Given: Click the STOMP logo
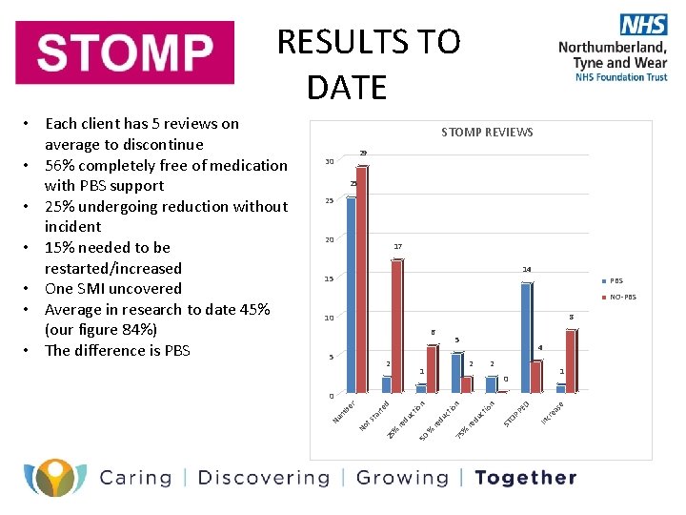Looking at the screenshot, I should point(125,52).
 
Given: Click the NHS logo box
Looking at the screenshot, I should point(643,25).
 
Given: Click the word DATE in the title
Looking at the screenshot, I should point(347,88).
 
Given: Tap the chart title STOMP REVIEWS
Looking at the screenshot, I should point(487,132).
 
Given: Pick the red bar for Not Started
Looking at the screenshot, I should point(396,325).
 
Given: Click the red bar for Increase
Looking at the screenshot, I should point(571,360).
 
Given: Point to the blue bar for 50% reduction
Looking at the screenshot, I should point(455,372).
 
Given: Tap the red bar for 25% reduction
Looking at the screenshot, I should point(432,368).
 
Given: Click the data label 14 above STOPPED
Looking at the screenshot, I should point(527,270).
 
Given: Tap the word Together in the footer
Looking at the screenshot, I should point(525,478).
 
